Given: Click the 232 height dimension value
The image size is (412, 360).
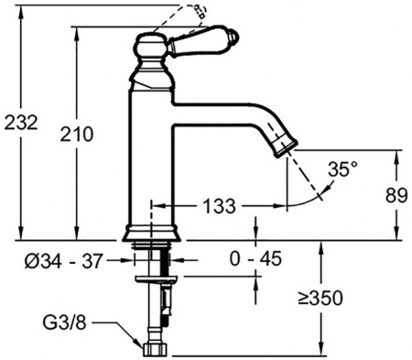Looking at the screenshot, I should (x=21, y=123).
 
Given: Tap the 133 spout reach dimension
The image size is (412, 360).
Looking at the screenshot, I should (x=216, y=203).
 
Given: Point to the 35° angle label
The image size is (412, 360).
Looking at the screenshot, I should (x=343, y=169).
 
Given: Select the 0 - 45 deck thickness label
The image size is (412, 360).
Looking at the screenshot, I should (x=255, y=261).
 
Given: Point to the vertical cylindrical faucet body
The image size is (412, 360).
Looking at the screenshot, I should (x=149, y=156).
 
